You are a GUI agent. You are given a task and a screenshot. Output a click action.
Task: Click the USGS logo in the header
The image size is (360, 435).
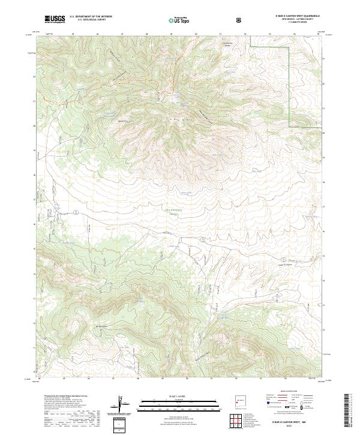[55, 19]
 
